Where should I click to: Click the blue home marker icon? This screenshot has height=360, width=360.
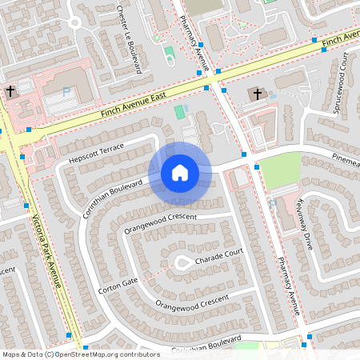pos(180,173)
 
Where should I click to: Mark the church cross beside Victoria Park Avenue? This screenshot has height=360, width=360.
pos(10,90)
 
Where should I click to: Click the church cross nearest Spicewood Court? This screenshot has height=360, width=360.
pos(258,94)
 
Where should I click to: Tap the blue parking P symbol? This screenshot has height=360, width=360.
pos(66,92)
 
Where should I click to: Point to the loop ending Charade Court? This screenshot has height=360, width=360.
pos(182,262)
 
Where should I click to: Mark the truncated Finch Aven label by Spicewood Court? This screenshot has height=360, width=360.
pos(342,39)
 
